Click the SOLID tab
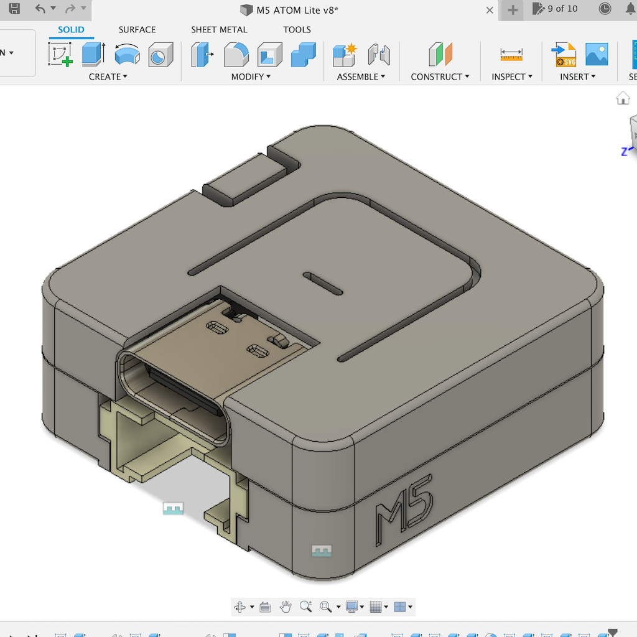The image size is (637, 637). (71, 30)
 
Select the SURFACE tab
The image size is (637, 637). (137, 30)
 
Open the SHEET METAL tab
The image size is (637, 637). (219, 30)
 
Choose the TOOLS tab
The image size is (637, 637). (297, 30)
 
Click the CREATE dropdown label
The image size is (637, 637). (108, 77)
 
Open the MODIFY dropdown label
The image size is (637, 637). (251, 77)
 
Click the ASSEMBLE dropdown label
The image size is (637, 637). (361, 77)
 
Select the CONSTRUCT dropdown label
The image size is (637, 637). (440, 77)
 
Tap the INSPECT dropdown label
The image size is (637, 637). (512, 77)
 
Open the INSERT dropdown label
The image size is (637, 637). (577, 77)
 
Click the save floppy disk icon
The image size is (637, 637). (14, 9)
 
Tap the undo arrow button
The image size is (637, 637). (40, 9)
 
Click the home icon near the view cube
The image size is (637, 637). (623, 98)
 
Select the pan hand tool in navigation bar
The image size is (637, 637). (286, 607)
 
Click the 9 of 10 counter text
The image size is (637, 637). (562, 9)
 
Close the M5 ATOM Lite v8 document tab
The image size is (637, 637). (490, 10)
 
